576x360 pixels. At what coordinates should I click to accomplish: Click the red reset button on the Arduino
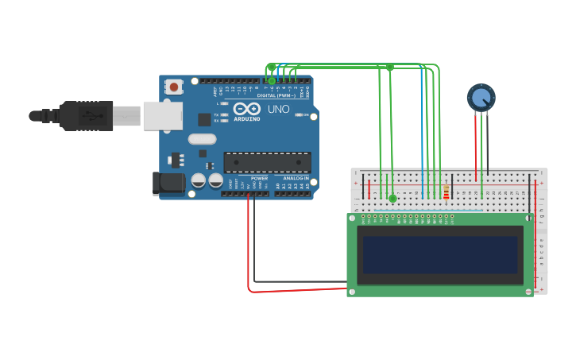click(173, 86)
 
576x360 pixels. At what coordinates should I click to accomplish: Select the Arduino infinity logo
click(246, 109)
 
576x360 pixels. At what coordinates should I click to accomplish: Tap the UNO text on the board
click(278, 109)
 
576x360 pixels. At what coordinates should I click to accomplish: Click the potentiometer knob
click(481, 98)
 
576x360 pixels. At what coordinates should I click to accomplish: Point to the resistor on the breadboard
click(446, 192)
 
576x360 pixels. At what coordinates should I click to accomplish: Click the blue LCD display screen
click(440, 254)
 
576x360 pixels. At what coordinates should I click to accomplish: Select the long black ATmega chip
click(267, 162)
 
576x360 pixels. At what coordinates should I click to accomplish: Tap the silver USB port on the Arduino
click(162, 115)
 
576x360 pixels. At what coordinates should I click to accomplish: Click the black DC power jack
click(168, 184)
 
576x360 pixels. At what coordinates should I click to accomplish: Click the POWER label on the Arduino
click(259, 178)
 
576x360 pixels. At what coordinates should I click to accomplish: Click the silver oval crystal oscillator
click(202, 139)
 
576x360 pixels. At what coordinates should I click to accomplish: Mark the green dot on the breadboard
click(392, 198)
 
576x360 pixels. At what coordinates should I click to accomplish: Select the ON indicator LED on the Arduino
click(299, 114)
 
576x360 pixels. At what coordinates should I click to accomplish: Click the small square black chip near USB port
click(204, 119)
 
